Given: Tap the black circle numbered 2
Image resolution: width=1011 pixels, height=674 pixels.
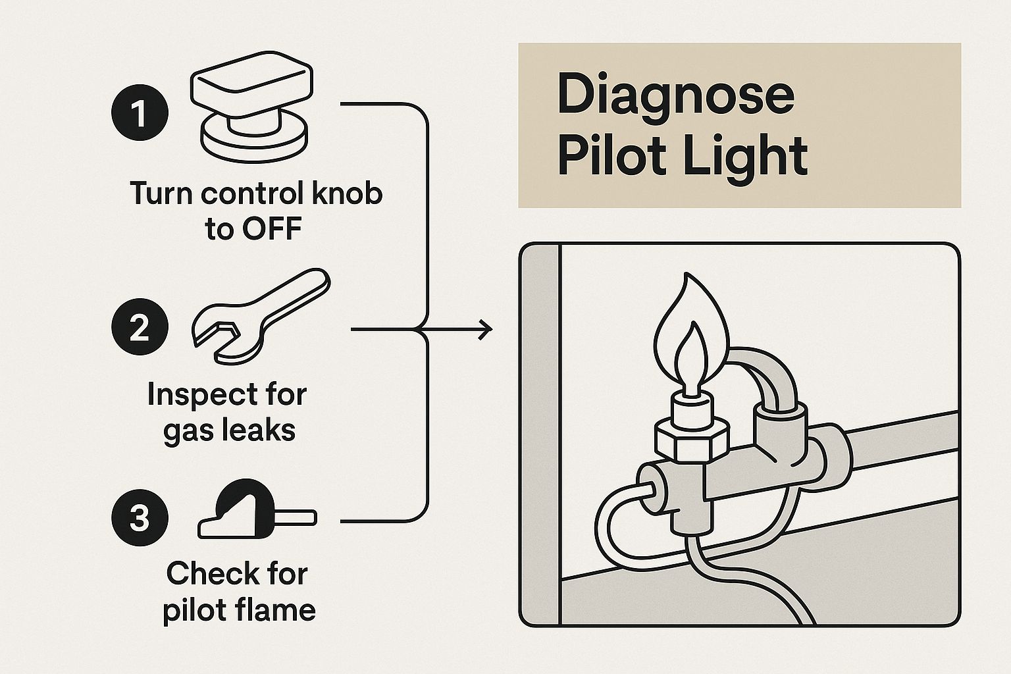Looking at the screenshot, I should [139, 328].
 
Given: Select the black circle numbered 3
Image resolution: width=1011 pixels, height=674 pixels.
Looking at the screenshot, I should [139, 518].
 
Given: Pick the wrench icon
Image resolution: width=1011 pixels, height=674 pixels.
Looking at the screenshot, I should [260, 316].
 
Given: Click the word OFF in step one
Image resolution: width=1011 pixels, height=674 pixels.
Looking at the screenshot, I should [271, 229].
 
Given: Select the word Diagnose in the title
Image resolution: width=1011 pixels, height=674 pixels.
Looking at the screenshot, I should [675, 95].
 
